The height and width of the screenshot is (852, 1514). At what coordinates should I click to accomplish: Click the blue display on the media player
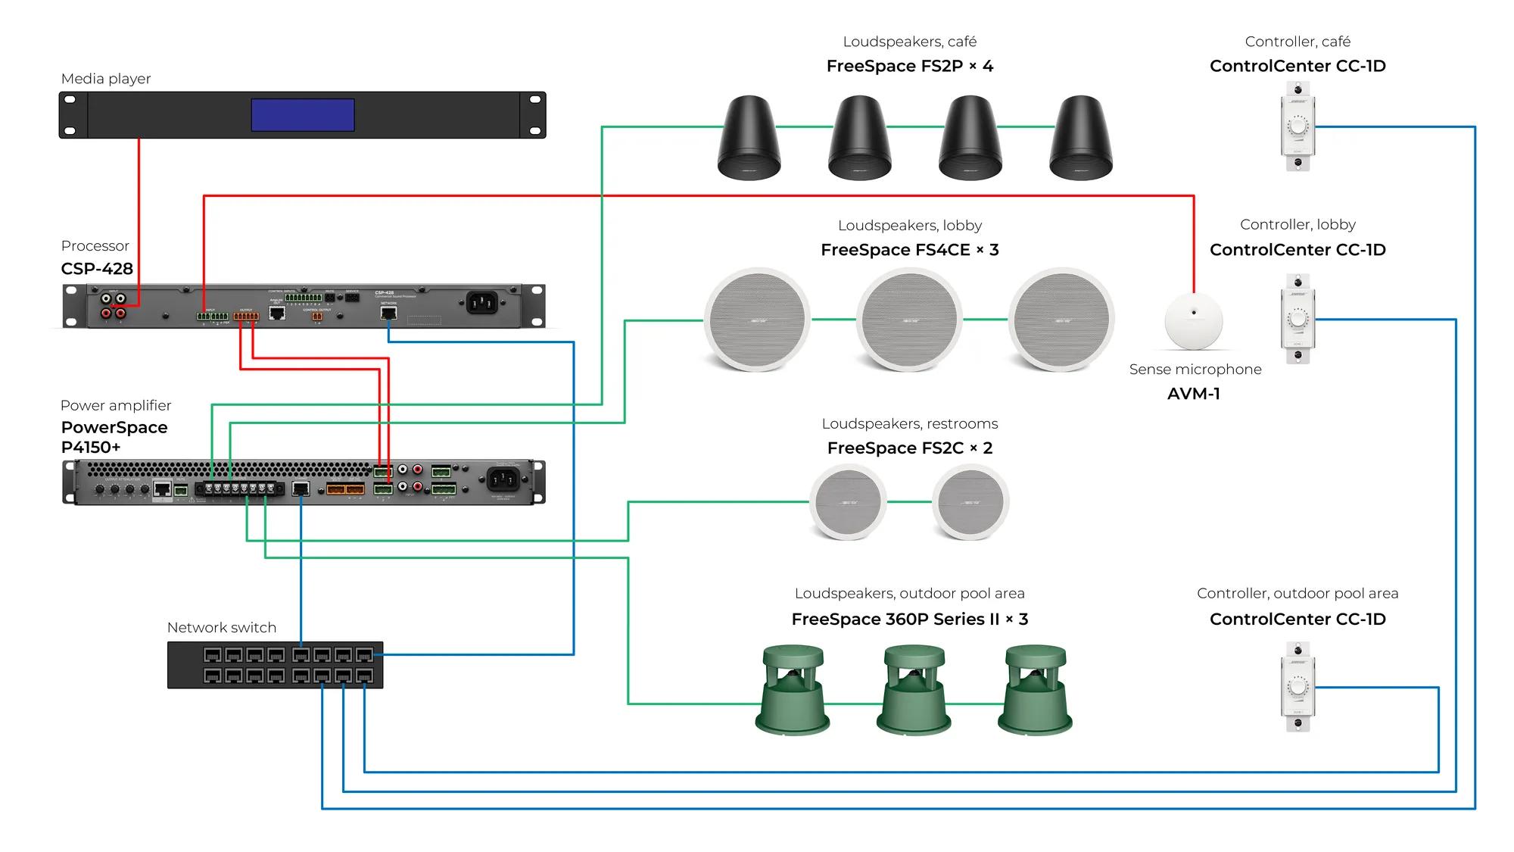(303, 115)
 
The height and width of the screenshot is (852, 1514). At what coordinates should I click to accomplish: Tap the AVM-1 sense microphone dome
(1194, 321)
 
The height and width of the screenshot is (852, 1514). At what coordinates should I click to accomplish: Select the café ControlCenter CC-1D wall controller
(1297, 126)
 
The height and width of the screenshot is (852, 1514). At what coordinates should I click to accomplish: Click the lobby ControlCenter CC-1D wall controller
(1297, 319)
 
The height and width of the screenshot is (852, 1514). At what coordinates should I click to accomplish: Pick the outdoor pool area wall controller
(1297, 687)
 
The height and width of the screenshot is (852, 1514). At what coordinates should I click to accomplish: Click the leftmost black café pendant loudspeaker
(749, 138)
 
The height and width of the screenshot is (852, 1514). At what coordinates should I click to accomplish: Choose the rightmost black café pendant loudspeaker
(1081, 138)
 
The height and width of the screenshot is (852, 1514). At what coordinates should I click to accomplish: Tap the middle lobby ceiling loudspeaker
(909, 320)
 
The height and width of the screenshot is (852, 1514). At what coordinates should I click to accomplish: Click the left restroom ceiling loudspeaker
(848, 501)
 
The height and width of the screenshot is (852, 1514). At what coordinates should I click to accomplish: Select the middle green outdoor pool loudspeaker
(914, 689)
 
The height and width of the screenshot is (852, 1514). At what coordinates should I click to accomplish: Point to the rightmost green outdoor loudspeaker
(1035, 689)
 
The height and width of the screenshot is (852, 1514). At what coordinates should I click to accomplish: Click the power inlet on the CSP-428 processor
(481, 303)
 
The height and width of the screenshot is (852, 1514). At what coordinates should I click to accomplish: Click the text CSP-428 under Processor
(97, 269)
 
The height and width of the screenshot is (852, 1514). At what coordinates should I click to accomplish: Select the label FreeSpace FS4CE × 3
(910, 250)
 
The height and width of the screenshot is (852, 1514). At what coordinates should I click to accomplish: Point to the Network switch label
(222, 628)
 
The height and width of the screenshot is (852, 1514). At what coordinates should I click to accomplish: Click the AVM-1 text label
(1194, 394)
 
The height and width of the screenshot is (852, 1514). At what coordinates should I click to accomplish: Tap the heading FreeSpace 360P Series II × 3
(910, 619)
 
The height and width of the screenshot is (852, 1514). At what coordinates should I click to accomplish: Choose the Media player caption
(106, 79)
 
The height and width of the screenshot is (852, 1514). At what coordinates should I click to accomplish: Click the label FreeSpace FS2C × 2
(910, 448)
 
